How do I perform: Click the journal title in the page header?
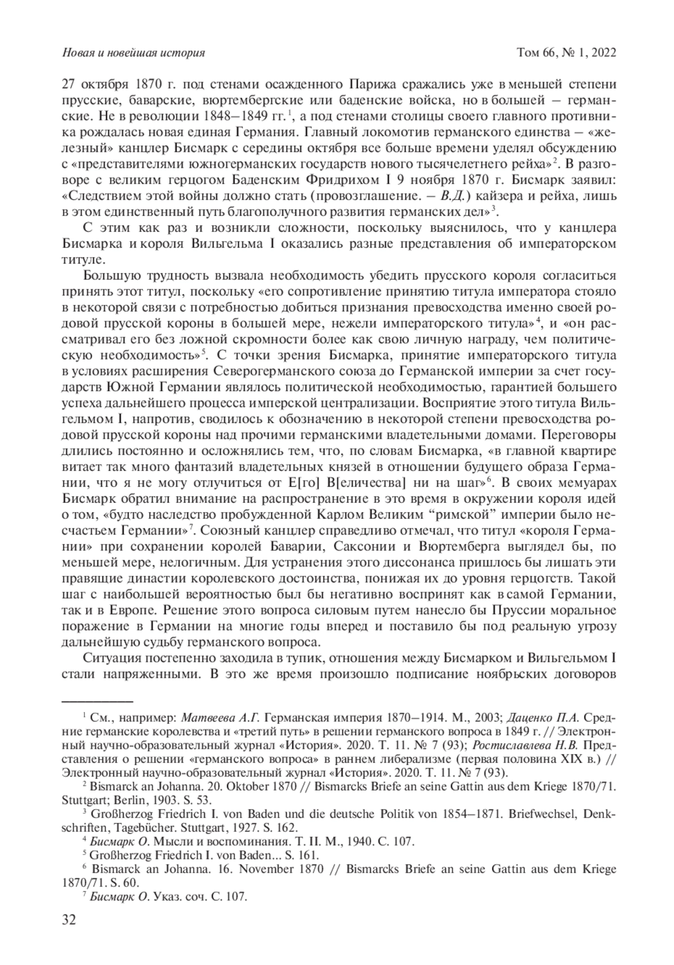pyautogui.click(x=133, y=53)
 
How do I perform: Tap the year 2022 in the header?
pyautogui.click(x=603, y=53)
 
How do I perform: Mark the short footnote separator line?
pyautogui.click(x=97, y=701)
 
